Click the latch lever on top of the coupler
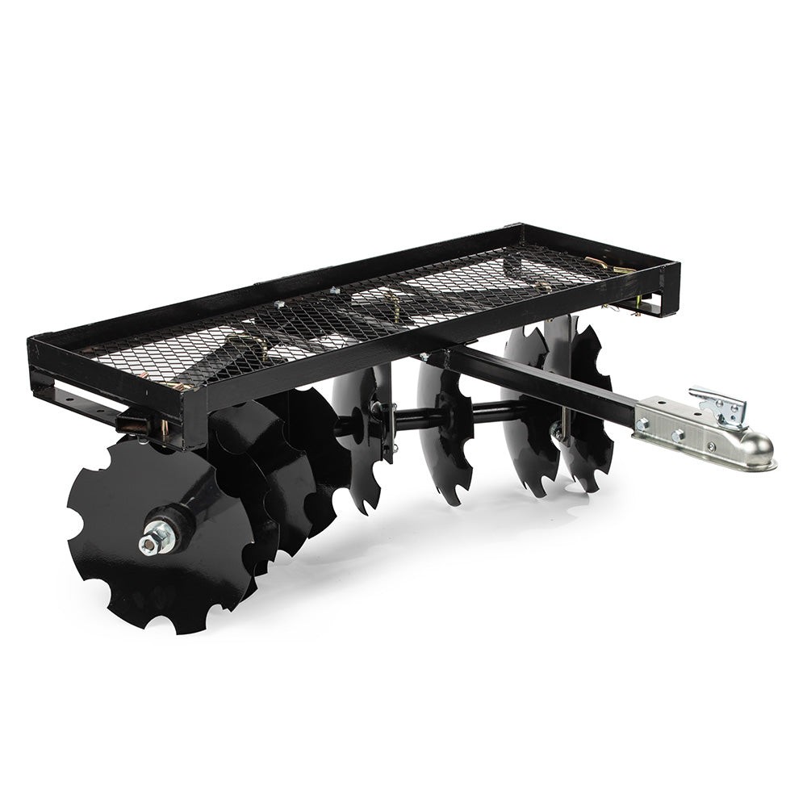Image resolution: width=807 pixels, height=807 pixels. coord(718,403)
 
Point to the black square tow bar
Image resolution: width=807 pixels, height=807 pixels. coord(549,387)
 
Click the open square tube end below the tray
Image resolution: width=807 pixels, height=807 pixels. coord(129,422)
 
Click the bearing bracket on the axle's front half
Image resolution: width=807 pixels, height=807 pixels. coord(379,420)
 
